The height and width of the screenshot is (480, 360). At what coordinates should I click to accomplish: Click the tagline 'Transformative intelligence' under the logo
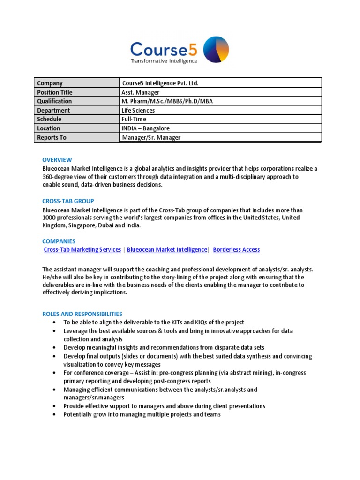click(x=164, y=61)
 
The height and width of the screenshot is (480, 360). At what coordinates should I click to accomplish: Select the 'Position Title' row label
click(x=55, y=92)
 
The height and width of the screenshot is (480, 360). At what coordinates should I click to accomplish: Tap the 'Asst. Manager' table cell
click(x=141, y=92)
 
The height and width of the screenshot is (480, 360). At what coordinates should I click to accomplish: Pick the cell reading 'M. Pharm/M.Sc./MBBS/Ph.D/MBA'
click(x=163, y=101)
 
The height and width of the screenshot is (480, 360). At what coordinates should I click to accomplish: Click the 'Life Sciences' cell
click(x=138, y=110)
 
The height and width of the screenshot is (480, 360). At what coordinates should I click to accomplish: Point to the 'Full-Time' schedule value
click(x=134, y=119)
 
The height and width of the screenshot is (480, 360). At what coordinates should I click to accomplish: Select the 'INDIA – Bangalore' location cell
click(x=146, y=128)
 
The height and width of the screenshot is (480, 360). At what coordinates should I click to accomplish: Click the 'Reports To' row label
click(x=52, y=137)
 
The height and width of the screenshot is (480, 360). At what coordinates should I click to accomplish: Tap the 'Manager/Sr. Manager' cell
click(x=151, y=137)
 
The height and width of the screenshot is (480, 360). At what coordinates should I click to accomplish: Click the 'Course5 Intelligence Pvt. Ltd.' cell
click(x=160, y=83)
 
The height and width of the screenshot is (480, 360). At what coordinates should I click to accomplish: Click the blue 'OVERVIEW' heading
click(x=57, y=160)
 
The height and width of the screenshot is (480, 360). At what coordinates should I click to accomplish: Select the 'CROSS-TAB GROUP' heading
click(x=68, y=201)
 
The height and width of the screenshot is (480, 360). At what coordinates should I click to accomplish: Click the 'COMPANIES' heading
click(x=59, y=241)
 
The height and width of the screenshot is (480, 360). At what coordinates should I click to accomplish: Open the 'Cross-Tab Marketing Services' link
click(x=82, y=250)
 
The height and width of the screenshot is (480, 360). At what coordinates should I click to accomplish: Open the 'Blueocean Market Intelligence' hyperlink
click(x=167, y=250)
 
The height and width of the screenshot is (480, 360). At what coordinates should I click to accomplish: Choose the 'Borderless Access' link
click(x=236, y=250)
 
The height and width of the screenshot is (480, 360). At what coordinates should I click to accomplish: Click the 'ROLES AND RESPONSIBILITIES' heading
click(x=82, y=314)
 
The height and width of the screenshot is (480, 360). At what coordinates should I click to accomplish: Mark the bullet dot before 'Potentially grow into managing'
click(x=55, y=414)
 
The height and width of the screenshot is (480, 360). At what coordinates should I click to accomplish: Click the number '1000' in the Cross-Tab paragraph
click(x=49, y=218)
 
